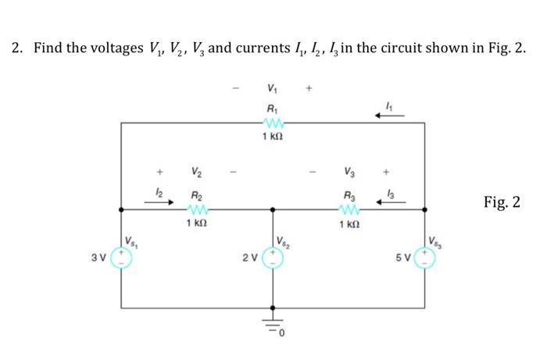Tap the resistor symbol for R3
pos(348,209)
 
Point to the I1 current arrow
pos(389,116)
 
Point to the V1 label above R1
pos(272,88)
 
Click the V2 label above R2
pos(196,173)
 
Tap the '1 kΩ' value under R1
pos(272,137)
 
